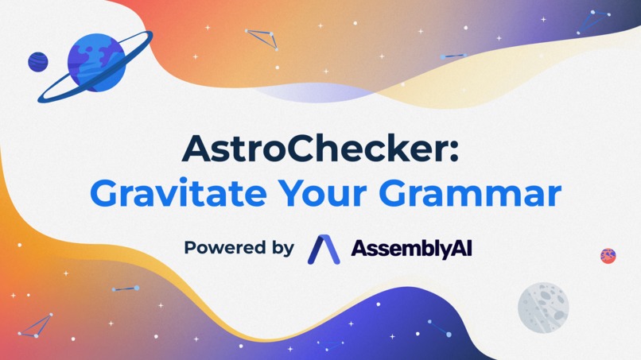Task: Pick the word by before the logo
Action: pos(282,249)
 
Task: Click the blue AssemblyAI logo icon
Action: pos(324,248)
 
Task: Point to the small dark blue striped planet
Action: pos(37,61)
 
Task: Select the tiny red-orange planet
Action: pos(608,255)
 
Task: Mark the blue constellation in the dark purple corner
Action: pos(594,21)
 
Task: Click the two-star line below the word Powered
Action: pos(126,288)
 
